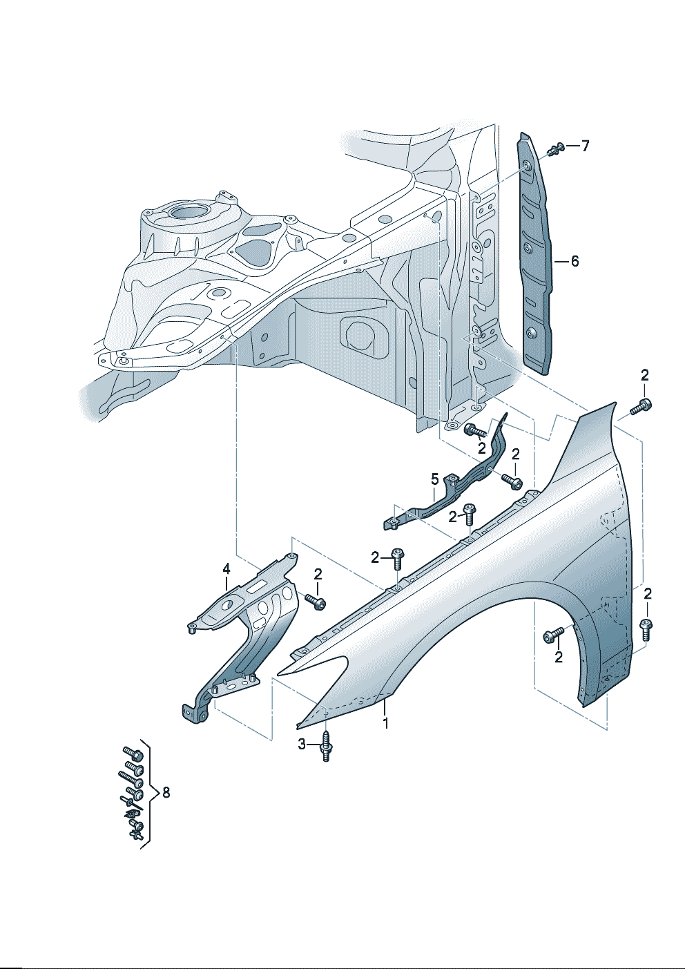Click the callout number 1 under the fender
[x=386, y=723]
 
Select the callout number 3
[x=302, y=744]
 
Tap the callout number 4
[x=226, y=568]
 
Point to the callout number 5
[x=435, y=479]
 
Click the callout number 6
[x=575, y=261]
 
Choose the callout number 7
[x=585, y=146]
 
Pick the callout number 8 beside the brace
[x=165, y=793]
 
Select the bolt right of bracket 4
[x=316, y=602]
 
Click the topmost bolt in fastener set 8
[x=133, y=753]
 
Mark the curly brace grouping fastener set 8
[x=147, y=794]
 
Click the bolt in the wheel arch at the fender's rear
[x=554, y=635]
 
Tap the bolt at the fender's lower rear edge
[x=646, y=629]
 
